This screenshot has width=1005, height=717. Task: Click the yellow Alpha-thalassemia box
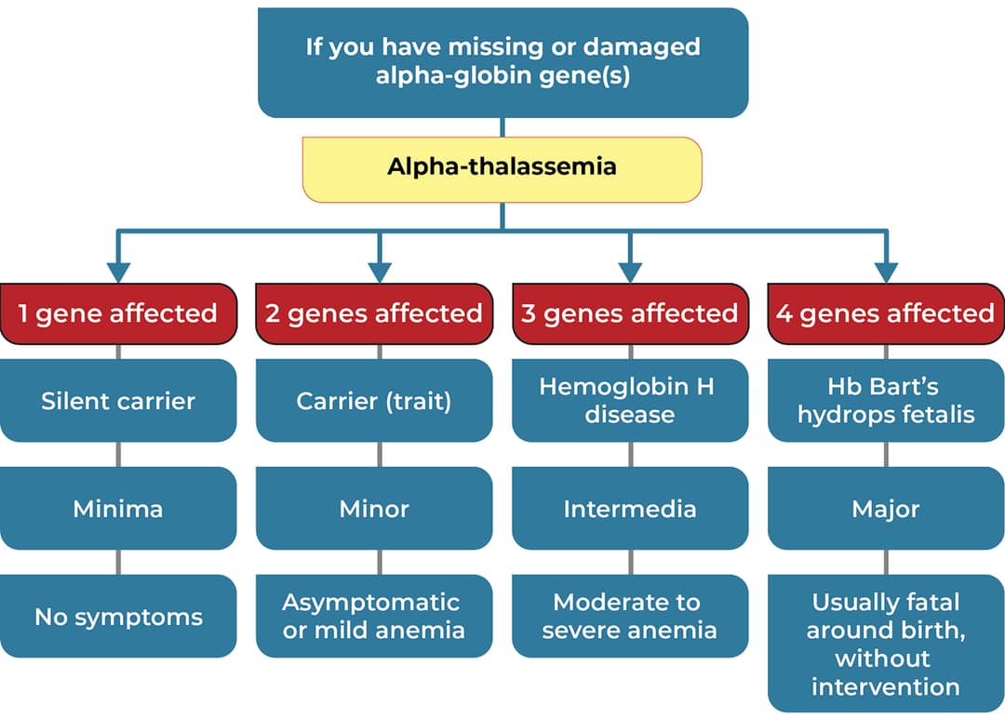point(502,168)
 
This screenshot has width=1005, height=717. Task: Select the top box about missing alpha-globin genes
point(502,62)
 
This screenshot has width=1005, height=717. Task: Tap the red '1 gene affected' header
point(118,313)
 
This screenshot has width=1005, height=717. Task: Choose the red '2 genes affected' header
point(374,313)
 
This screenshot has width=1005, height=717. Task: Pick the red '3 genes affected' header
point(630,313)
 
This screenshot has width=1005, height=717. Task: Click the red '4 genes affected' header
point(885,313)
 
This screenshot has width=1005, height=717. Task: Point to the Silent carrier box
point(118,401)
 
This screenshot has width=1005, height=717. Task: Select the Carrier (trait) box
point(374,401)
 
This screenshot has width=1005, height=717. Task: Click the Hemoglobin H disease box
point(630,401)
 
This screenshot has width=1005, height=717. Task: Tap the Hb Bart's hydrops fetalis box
point(885,401)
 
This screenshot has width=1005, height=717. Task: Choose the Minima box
point(118,509)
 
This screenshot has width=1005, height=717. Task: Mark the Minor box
point(374,509)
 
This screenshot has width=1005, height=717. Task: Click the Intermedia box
point(630,509)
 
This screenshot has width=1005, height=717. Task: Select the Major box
point(885,509)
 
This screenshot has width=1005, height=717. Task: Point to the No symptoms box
point(118,617)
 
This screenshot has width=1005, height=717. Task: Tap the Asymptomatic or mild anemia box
point(374,617)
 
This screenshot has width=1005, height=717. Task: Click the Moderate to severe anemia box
point(630,617)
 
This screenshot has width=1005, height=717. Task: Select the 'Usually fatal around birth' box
point(885,644)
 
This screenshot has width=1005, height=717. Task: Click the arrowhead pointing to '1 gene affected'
point(118,272)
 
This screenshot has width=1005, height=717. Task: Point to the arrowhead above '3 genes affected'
point(630,272)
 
